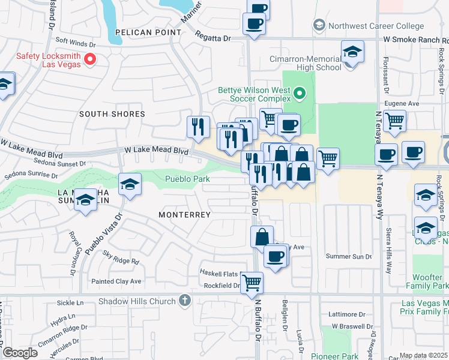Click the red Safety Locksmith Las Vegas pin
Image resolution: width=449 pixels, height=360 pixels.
(x=91, y=59)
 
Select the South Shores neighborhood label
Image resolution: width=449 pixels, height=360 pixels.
(x=112, y=114)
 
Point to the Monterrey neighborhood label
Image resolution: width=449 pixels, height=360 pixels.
(x=184, y=215)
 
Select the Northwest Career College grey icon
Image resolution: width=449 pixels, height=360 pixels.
(x=319, y=25)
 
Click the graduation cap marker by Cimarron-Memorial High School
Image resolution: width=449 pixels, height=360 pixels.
(x=352, y=52)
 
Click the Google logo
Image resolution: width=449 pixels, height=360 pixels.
(x=20, y=353)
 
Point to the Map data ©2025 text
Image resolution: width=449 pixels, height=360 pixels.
(x=423, y=355)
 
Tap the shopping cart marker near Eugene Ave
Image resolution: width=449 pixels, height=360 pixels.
(x=394, y=121)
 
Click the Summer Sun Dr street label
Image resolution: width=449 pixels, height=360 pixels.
(x=349, y=257)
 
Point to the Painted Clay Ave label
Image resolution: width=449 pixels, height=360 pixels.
(x=116, y=281)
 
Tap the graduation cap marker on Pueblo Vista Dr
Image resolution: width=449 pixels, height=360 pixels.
(x=130, y=185)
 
